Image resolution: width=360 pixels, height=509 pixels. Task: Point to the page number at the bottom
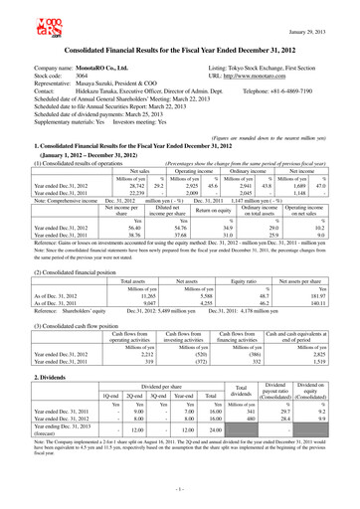coord(180,491)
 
